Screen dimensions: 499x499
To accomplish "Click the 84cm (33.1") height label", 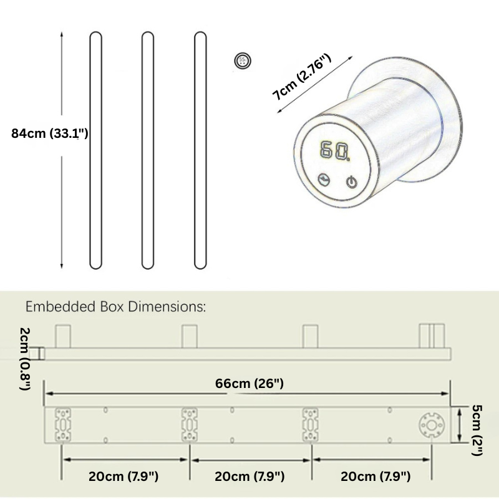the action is point(50,133).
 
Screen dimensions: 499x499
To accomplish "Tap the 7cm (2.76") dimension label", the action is point(302,77).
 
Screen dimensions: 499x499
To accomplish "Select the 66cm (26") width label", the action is point(249,384).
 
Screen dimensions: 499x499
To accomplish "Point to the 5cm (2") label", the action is point(477,430).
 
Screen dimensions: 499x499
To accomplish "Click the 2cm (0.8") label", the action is point(25,359).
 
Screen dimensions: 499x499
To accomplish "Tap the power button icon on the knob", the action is point(351,182).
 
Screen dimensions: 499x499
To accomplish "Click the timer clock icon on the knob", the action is point(324,180).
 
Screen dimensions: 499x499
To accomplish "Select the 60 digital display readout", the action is point(335,150).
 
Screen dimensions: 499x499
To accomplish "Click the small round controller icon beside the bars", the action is point(243,61).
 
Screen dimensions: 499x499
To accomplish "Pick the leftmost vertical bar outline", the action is point(96,150).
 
